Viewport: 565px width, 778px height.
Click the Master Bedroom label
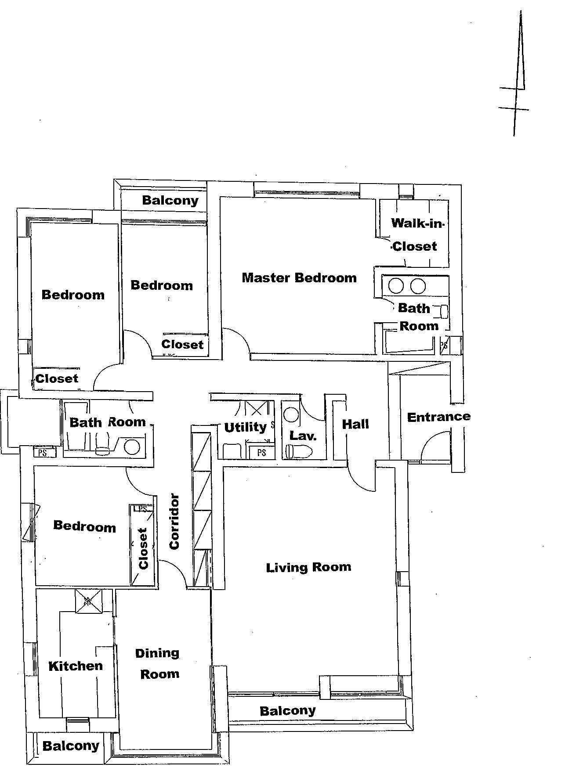tap(299, 277)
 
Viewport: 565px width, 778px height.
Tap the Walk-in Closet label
tap(416, 234)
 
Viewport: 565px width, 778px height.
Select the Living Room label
tap(308, 567)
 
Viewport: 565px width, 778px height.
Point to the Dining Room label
tap(158, 663)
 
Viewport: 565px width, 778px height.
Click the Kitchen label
tap(76, 666)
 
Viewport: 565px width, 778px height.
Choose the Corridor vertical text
tap(174, 522)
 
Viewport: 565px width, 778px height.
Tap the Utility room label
tap(245, 427)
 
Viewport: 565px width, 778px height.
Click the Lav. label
tap(303, 436)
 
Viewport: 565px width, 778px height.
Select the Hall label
tap(355, 424)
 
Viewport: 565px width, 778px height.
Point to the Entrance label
tap(439, 417)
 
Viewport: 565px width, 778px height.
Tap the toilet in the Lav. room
tap(299, 451)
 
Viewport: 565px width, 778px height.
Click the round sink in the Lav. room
tap(291, 414)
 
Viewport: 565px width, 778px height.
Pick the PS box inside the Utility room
tap(262, 453)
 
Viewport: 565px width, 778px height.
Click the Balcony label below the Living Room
tap(288, 711)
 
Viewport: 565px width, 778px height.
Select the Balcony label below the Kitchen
tap(71, 746)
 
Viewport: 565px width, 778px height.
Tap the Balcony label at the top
tap(170, 201)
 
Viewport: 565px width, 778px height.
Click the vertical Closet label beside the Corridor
tap(143, 548)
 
